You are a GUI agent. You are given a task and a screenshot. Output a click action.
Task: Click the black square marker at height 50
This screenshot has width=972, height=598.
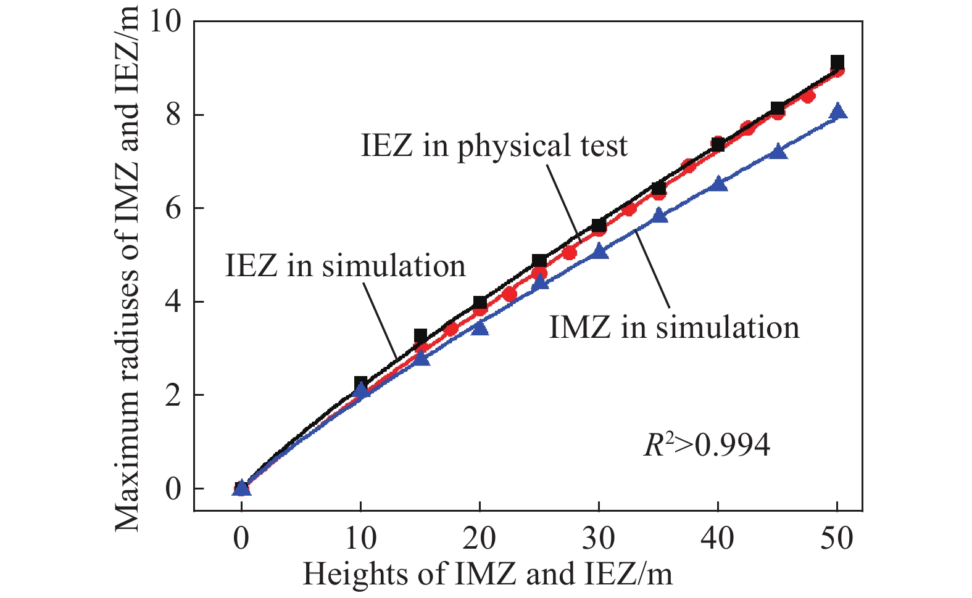pyautogui.click(x=837, y=62)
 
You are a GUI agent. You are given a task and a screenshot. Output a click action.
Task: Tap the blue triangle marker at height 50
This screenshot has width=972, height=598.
pyautogui.click(x=837, y=112)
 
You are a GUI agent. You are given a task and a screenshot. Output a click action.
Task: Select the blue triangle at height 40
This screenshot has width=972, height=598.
pyautogui.click(x=718, y=184)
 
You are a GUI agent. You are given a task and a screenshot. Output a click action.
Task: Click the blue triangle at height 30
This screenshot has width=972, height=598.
pyautogui.click(x=599, y=251)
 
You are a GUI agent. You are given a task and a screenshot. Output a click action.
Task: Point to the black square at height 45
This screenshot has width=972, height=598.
pyautogui.click(x=778, y=109)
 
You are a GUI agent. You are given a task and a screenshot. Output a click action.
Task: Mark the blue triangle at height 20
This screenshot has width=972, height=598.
pyautogui.click(x=480, y=328)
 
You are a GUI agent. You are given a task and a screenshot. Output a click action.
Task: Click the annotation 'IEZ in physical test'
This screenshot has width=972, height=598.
pyautogui.click(x=494, y=146)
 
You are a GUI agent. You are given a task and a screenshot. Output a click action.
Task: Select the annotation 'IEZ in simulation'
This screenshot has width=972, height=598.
pyautogui.click(x=345, y=266)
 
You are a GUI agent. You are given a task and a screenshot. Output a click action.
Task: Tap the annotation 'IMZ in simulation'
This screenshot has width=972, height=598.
pyautogui.click(x=674, y=327)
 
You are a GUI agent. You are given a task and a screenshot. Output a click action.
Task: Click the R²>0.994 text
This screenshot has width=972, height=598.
pyautogui.click(x=707, y=444)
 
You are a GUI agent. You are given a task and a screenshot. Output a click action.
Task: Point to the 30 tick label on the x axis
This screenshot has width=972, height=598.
pyautogui.click(x=598, y=538)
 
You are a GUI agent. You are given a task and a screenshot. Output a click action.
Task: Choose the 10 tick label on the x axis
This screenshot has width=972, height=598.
pyautogui.click(x=360, y=538)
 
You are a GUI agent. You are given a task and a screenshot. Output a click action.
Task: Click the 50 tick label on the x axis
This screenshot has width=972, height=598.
pyautogui.click(x=836, y=538)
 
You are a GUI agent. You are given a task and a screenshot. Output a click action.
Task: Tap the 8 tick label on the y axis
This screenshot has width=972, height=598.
pyautogui.click(x=173, y=115)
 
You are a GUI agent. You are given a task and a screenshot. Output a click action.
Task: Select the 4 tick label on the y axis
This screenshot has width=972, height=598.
pyautogui.click(x=173, y=302)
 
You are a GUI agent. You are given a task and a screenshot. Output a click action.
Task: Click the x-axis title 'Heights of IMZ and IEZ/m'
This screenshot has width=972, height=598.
pyautogui.click(x=487, y=575)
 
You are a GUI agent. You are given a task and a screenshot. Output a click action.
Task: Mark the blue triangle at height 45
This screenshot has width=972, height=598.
pyautogui.click(x=778, y=152)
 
